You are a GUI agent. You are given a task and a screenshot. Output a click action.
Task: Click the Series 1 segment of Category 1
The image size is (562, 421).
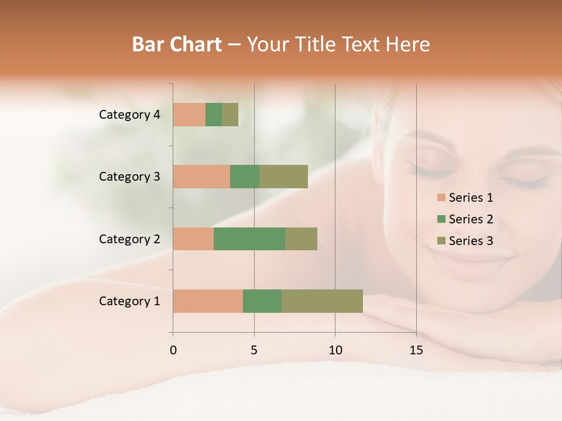pos(208,301)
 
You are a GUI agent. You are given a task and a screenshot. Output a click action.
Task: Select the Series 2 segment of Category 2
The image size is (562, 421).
pos(249,239)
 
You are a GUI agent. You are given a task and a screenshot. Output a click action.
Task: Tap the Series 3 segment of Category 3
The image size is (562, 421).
pos(283,177)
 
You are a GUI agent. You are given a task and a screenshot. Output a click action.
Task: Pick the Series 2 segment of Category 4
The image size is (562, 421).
pos(214,115)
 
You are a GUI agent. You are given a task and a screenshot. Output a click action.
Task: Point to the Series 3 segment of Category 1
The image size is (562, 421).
pos(322,301)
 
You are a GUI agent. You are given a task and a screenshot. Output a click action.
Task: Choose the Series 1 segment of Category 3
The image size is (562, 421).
pos(201,177)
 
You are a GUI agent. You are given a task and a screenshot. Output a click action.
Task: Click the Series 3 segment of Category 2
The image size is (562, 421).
pos(301,239)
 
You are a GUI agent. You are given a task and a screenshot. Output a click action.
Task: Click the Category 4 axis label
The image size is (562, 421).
pos(129,115)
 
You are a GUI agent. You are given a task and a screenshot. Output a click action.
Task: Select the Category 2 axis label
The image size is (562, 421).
pos(129,239)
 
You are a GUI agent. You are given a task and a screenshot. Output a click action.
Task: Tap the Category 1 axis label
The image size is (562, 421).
pos(129,301)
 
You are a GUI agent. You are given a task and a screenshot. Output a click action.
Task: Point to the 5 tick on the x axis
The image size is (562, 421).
pos(254,350)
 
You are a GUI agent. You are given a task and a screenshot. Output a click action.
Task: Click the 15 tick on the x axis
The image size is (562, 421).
pos(416,350)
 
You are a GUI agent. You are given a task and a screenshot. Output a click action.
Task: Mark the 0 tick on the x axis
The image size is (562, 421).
pos(173,350)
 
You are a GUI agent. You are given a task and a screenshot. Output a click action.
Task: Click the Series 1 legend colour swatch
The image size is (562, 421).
pos(441,198)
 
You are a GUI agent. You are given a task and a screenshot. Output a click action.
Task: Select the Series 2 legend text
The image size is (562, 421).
pos(471,219)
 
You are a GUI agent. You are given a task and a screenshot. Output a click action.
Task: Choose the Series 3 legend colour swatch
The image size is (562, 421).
pos(441,241)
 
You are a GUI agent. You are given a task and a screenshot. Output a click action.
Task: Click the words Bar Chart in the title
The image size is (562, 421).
pos(177,44)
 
